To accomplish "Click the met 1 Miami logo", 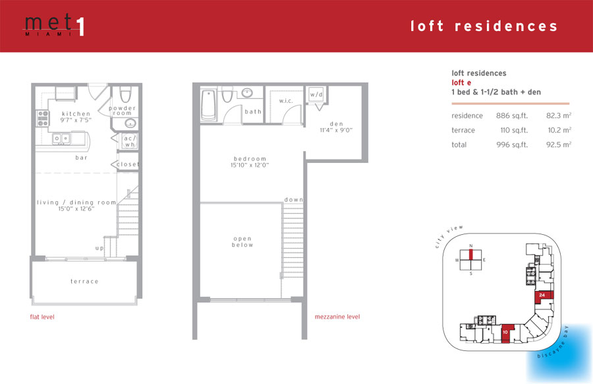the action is click(x=55, y=25).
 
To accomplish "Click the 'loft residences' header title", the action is click(x=484, y=26).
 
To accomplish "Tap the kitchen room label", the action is click(x=76, y=113).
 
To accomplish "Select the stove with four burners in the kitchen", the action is click(x=43, y=118).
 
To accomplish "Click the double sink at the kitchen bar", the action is click(x=61, y=139).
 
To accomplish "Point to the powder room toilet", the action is click(x=125, y=94).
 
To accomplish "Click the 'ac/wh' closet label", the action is click(x=130, y=141).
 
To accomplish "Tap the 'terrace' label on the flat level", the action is click(x=84, y=281).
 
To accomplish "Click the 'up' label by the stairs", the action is click(x=99, y=248).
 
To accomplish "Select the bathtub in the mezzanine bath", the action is click(x=208, y=105).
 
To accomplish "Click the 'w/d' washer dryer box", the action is click(x=316, y=94).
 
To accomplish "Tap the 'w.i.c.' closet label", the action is click(x=286, y=101).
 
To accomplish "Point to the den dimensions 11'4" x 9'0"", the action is click(x=336, y=130).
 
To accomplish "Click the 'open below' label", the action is click(x=242, y=242).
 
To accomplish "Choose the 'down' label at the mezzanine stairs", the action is click(x=294, y=199).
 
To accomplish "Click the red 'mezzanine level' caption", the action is click(x=337, y=317).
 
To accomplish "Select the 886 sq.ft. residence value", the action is click(x=512, y=116).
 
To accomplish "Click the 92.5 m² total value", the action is click(x=559, y=144).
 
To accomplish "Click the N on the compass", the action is click(x=471, y=246).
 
